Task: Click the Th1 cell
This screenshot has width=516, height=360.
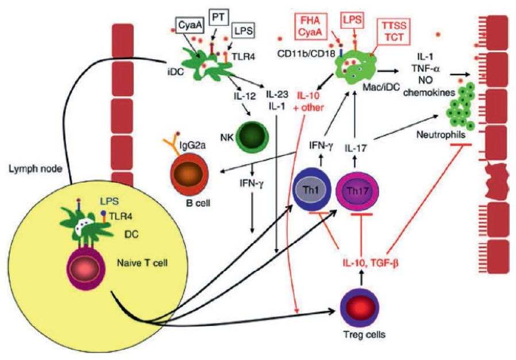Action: [x=310, y=189]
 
